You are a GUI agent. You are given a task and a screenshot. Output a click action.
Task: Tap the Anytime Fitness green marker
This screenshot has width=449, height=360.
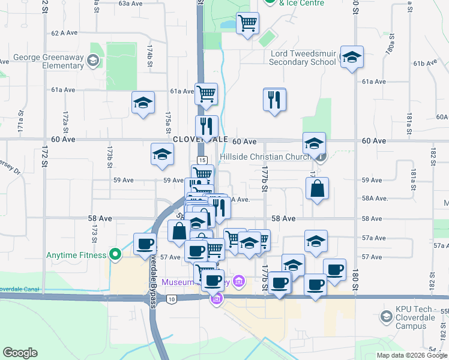point(113,255)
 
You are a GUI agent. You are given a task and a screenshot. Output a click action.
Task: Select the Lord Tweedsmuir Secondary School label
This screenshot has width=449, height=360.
point(303,58)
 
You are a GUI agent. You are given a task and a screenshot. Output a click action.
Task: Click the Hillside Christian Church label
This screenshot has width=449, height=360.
point(265,157)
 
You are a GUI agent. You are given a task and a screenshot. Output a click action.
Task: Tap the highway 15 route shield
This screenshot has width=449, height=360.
point(202,160)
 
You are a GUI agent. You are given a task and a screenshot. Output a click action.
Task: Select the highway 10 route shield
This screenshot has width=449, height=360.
point(172,298)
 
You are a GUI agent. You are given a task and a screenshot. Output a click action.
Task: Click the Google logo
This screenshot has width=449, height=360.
point(20,353)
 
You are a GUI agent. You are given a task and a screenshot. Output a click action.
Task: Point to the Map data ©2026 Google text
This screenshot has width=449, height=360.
point(411,355)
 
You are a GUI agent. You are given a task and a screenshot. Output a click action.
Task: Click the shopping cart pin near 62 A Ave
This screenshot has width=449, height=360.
point(247,23)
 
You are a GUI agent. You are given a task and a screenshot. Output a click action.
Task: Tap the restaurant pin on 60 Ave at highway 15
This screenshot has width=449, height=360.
point(206,126)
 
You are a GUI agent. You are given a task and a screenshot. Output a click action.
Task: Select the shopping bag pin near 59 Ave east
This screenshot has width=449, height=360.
point(317,188)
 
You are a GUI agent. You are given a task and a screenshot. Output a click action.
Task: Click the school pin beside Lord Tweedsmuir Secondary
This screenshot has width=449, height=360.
point(352,57)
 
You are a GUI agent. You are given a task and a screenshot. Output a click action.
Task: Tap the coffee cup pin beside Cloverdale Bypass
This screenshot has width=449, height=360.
point(145,244)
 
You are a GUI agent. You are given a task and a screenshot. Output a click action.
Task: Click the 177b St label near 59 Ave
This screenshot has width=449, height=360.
point(264,179)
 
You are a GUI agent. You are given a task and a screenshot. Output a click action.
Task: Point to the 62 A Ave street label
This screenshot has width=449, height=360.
point(64,33)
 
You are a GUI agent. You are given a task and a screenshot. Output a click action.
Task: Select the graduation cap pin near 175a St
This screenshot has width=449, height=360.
point(143,103)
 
